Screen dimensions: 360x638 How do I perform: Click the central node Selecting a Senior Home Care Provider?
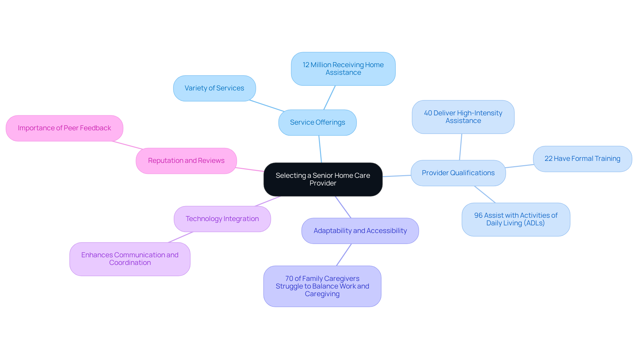point(323,180)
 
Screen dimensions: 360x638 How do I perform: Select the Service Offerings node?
point(317,123)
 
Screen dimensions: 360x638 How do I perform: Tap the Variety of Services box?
point(214,88)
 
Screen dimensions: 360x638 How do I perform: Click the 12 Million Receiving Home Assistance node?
point(343,69)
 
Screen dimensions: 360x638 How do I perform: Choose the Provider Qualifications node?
point(458,173)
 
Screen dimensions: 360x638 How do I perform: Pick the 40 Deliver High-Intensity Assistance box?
point(463,117)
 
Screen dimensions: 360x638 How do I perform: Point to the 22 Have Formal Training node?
point(582,159)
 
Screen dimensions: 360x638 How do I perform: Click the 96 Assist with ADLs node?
point(516,219)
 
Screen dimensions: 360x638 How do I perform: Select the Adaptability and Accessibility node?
point(360,231)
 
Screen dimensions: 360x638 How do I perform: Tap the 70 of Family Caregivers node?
point(322,286)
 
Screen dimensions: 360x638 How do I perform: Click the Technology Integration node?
point(222,219)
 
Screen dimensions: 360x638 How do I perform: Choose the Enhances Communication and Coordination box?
point(130,259)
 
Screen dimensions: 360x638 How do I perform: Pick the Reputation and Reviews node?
point(186,161)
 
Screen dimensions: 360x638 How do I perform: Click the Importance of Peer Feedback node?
point(64,128)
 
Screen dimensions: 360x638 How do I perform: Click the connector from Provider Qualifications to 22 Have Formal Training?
point(519,166)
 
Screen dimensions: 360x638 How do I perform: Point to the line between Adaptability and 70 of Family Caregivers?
point(344,255)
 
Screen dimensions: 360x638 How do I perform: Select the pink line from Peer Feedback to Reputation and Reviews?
point(128,145)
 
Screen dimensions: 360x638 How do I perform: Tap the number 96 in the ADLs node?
point(478,215)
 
